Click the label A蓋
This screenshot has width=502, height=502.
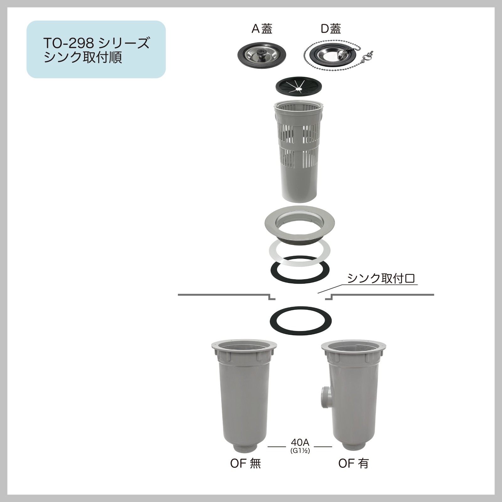(x=262, y=29)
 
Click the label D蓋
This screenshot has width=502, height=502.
(x=331, y=29)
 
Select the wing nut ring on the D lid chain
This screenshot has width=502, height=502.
(x=368, y=57)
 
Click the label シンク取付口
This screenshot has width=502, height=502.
(x=381, y=278)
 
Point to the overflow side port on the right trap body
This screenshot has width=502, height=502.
(x=324, y=397)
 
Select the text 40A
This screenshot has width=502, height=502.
(x=300, y=442)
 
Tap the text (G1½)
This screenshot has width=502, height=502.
(x=300, y=451)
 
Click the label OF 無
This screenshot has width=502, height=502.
(x=246, y=463)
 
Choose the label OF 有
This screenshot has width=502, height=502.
(x=354, y=463)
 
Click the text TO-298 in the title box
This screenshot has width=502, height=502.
(x=69, y=43)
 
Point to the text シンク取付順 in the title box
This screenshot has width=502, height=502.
(x=83, y=57)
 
